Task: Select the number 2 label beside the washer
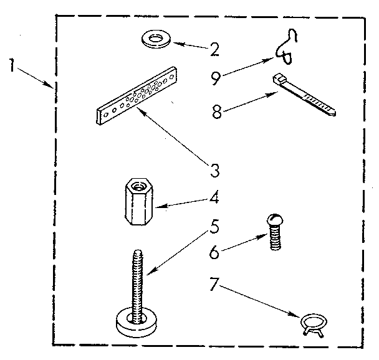(x=214, y=49)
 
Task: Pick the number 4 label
(x=213, y=199)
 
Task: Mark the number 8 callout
(x=216, y=113)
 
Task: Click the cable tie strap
(x=305, y=97)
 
